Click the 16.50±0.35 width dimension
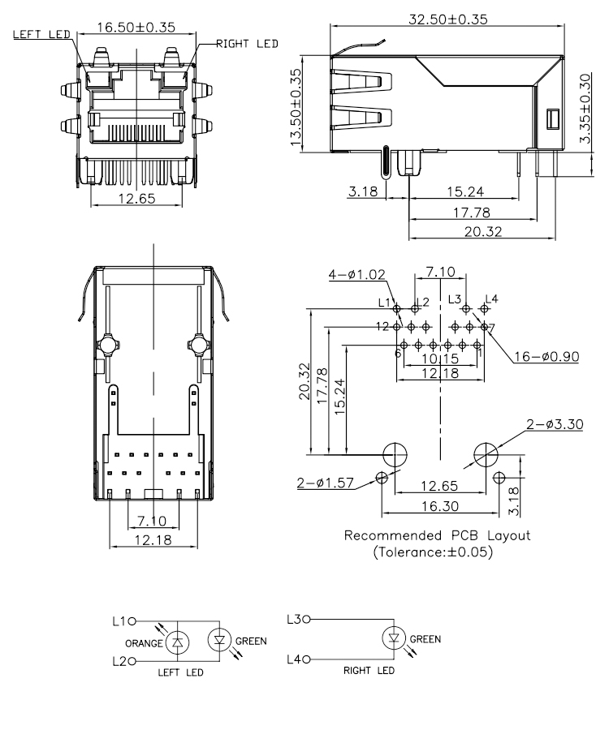click(136, 27)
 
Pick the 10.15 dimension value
click(440, 358)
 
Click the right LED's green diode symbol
click(393, 639)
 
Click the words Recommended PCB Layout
click(438, 536)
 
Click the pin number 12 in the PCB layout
click(382, 326)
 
